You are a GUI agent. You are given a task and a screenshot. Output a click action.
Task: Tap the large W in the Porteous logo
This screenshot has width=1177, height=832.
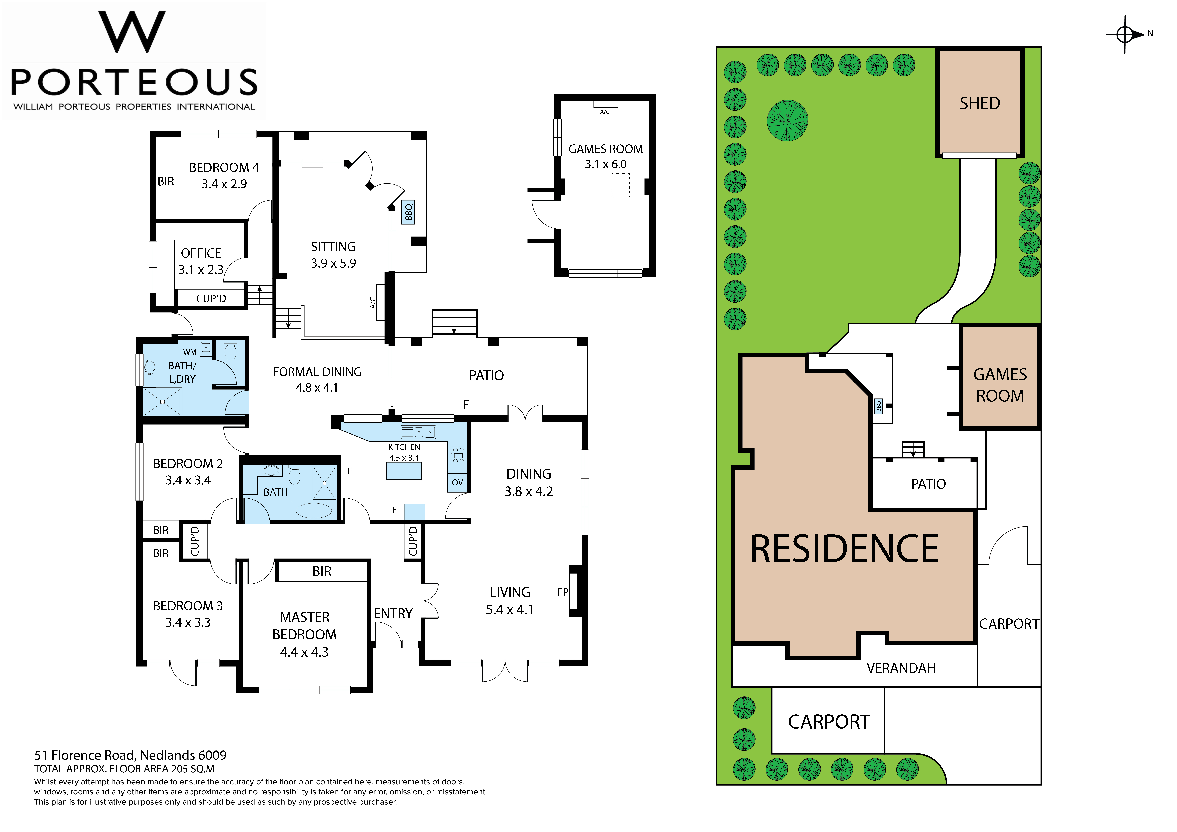(x=132, y=32)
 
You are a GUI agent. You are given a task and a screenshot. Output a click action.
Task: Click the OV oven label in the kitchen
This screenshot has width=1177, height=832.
(x=457, y=482)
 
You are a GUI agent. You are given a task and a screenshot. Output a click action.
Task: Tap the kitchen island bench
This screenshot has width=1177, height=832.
(x=404, y=471)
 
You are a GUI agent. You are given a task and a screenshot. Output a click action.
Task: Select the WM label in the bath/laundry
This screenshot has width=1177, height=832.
(x=190, y=352)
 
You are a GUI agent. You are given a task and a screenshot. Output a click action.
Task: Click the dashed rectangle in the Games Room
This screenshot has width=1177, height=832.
(x=620, y=185)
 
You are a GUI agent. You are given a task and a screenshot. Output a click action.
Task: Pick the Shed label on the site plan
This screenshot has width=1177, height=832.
(x=980, y=103)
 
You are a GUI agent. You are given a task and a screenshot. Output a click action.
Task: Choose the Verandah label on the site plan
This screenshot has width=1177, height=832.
(x=901, y=668)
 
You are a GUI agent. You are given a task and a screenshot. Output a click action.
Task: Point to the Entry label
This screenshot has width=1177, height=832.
(x=393, y=614)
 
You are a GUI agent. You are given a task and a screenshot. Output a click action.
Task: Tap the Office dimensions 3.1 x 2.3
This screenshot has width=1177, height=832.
(x=201, y=270)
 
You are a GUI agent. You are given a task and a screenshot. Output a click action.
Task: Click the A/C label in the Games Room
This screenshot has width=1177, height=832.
(x=605, y=112)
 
